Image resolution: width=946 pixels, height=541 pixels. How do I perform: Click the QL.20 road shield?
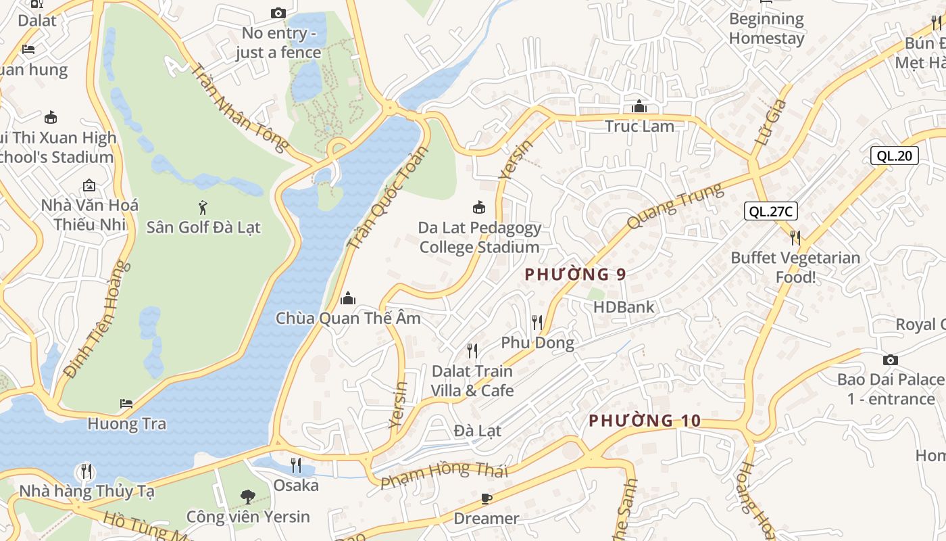894,156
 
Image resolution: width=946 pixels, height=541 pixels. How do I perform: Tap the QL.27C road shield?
771,211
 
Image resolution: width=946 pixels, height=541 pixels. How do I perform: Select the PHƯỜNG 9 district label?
575,274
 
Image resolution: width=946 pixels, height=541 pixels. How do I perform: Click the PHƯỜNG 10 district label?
645,421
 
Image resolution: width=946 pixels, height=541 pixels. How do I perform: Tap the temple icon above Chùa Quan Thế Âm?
348,298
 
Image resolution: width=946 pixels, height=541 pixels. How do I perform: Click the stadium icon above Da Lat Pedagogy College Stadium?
479,207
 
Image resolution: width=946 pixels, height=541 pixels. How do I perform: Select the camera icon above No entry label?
278,13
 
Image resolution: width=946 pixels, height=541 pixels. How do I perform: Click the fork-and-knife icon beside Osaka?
296,465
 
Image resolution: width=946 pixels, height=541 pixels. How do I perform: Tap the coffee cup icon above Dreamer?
486,499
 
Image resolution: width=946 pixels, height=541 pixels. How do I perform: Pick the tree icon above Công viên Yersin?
248,496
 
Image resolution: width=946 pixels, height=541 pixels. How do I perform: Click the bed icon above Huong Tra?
126,404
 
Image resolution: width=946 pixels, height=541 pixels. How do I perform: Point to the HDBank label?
624,307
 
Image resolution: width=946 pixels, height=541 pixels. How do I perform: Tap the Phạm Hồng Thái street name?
443,475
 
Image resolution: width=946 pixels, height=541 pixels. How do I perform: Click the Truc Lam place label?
639,126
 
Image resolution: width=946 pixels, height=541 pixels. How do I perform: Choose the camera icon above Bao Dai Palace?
891,360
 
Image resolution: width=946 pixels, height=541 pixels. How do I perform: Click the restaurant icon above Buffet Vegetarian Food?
795,237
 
